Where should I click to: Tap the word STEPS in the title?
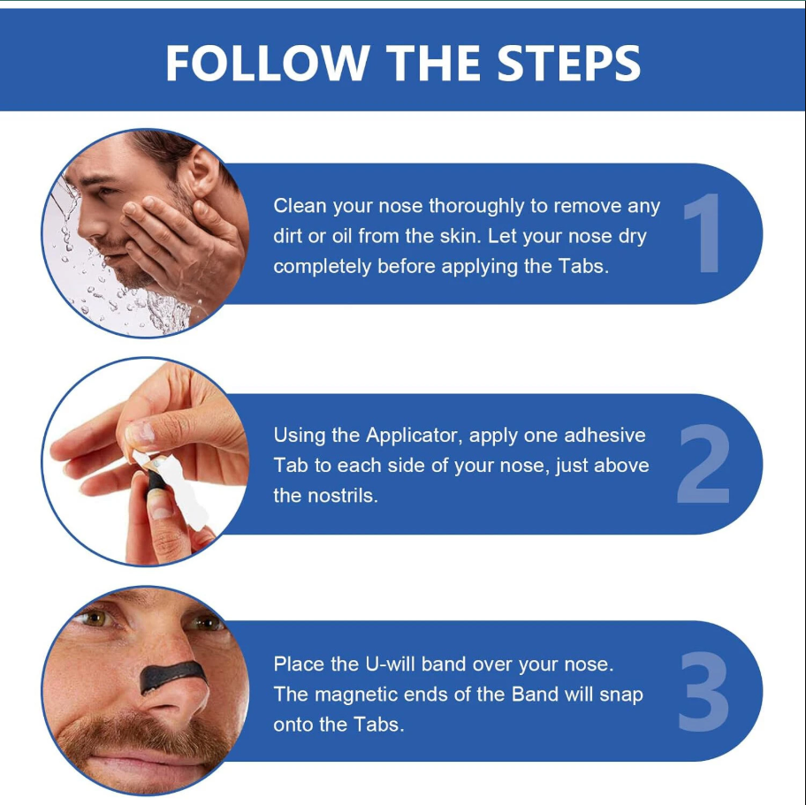[568, 63]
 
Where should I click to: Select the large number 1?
[703, 233]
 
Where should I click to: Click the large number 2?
[703, 464]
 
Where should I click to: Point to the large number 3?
[703, 691]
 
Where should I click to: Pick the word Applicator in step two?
[410, 436]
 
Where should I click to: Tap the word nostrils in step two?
[342, 496]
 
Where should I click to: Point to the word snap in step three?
[621, 695]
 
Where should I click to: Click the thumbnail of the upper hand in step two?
[141, 433]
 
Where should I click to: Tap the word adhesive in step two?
[604, 436]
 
